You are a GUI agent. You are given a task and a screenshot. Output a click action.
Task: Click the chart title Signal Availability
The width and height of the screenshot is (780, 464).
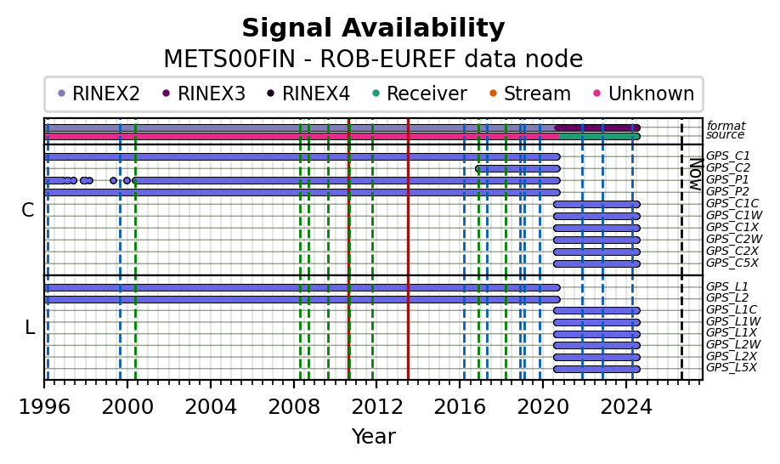pyautogui.click(x=373, y=28)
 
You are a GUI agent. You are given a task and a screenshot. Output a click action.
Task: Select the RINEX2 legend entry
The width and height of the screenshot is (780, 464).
pyautogui.click(x=99, y=93)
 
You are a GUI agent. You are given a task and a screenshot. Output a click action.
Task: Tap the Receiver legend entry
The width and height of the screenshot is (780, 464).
pyautogui.click(x=420, y=93)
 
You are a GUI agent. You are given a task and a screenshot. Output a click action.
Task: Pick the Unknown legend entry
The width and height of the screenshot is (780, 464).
pyautogui.click(x=644, y=93)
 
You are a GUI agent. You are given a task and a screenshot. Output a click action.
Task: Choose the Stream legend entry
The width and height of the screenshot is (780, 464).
pyautogui.click(x=530, y=93)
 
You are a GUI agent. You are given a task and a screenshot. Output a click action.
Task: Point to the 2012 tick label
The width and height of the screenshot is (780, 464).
pyautogui.click(x=376, y=407)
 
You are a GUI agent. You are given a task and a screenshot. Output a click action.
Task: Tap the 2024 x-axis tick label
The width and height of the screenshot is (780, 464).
pyautogui.click(x=626, y=407)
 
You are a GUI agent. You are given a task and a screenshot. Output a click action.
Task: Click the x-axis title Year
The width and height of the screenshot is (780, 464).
pyautogui.click(x=374, y=436)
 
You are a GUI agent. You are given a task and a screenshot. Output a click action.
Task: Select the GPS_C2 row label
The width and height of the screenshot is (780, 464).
pyautogui.click(x=728, y=168)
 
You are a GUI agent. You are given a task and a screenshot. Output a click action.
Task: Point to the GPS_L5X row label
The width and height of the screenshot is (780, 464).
pyautogui.click(x=732, y=367)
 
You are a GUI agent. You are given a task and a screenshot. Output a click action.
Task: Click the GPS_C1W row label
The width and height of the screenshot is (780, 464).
pyautogui.click(x=734, y=215)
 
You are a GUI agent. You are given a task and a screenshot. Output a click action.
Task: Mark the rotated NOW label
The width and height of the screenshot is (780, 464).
pyautogui.click(x=697, y=174)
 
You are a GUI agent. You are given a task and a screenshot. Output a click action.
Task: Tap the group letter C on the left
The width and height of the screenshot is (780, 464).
pyautogui.click(x=28, y=211)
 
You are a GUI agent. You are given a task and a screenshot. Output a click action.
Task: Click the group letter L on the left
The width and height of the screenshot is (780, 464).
pyautogui.click(x=30, y=328)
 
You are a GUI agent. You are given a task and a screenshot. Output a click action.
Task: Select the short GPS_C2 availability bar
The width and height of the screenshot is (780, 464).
pyautogui.click(x=517, y=168)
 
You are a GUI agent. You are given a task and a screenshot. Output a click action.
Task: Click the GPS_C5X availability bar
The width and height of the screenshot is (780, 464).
pyautogui.click(x=597, y=263)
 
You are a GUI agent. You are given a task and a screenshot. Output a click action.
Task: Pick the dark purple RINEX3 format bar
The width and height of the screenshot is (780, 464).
pyautogui.click(x=597, y=127)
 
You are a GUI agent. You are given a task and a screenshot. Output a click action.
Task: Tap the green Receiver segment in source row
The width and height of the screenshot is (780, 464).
pyautogui.click(x=599, y=136)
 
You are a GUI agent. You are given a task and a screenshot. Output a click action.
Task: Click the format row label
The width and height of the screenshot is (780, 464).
pyautogui.click(x=726, y=126)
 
